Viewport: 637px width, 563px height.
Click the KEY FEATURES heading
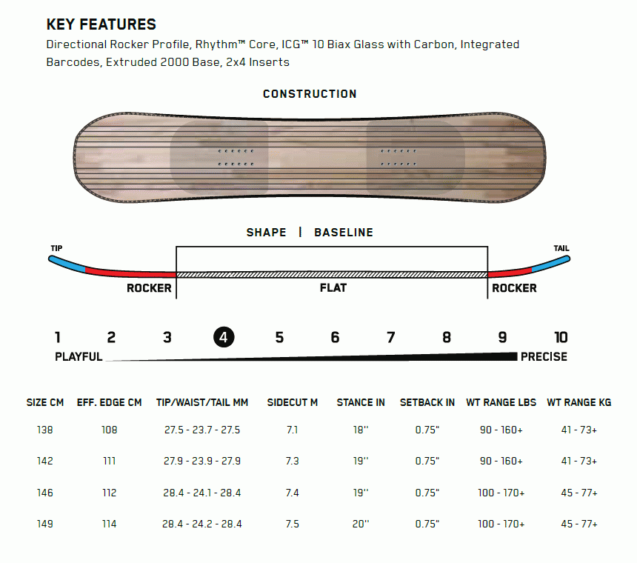[x=101, y=24]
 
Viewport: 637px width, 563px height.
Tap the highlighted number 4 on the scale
[x=224, y=337]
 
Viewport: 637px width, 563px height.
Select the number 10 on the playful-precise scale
[x=561, y=337]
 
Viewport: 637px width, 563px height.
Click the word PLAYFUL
[x=79, y=356]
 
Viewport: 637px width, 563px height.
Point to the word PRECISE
[x=544, y=356]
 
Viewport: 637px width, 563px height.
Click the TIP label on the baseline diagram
[x=56, y=248]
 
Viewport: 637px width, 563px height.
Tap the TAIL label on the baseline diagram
[x=561, y=248]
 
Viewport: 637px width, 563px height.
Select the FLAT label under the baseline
[x=333, y=288]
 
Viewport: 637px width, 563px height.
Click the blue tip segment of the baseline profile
[x=67, y=264]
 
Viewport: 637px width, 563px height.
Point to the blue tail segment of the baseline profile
[x=551, y=264]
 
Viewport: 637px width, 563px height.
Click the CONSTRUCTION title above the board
[x=310, y=94]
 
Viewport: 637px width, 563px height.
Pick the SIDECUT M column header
[x=292, y=402]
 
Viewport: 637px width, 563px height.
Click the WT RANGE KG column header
[x=579, y=402]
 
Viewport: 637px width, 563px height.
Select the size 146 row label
[x=44, y=493]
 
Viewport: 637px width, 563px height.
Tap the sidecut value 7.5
[x=292, y=524]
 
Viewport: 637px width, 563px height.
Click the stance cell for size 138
[x=361, y=430]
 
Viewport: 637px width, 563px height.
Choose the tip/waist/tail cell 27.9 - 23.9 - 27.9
[x=202, y=461]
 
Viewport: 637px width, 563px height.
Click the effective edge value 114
[x=110, y=524]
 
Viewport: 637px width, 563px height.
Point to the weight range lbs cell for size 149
[x=501, y=524]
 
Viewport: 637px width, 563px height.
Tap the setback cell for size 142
[x=427, y=461]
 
